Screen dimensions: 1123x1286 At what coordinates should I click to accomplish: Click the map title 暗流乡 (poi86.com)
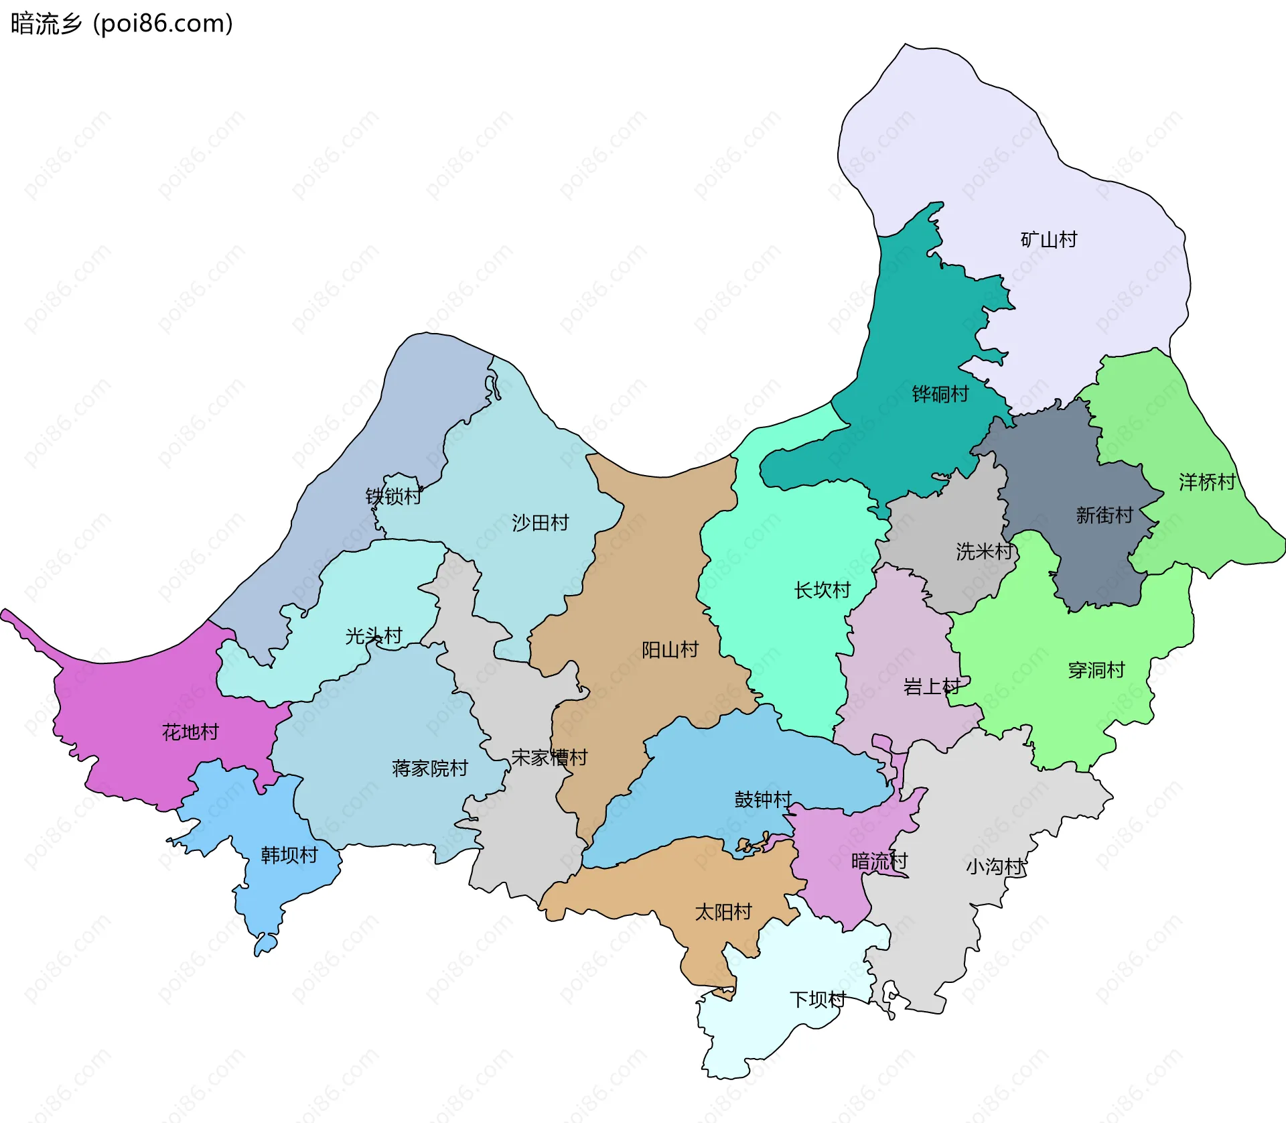[x=122, y=24]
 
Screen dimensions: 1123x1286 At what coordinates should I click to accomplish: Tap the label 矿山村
[x=1048, y=239]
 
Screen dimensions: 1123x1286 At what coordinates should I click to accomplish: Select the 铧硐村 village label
[x=940, y=394]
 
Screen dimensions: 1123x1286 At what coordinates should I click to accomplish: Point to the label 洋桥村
[x=1206, y=482]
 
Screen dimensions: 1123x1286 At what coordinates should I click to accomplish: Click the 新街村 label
[x=1104, y=515]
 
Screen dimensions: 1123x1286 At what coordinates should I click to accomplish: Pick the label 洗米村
[x=984, y=551]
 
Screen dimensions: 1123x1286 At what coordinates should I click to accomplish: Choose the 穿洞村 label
[x=1096, y=670]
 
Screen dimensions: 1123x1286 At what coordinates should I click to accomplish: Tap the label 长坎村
[x=822, y=590]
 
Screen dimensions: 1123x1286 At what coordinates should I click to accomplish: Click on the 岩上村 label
[x=931, y=687]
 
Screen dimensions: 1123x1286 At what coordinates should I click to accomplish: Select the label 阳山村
[x=670, y=650]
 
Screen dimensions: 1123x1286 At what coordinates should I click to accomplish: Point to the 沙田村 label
[x=540, y=523]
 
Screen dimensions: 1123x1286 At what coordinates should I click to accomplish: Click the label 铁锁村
[x=393, y=497]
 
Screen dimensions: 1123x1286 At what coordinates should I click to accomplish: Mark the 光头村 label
[x=373, y=636]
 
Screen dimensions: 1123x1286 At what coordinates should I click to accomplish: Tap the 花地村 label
[x=190, y=732]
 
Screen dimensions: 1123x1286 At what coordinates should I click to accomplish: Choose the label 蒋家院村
[x=429, y=769]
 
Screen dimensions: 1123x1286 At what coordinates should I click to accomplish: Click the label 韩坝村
[x=289, y=856]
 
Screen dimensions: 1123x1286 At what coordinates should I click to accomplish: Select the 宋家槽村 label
[x=549, y=758]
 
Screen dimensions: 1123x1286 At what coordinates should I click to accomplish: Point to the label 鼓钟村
[x=763, y=800]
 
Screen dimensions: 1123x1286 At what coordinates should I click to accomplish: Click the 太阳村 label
[x=723, y=913]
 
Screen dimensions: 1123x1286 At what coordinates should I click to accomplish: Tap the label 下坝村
[x=817, y=1000]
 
